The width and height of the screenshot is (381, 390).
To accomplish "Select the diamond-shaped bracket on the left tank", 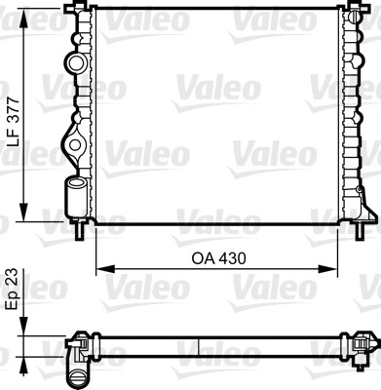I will tap(74, 146).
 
